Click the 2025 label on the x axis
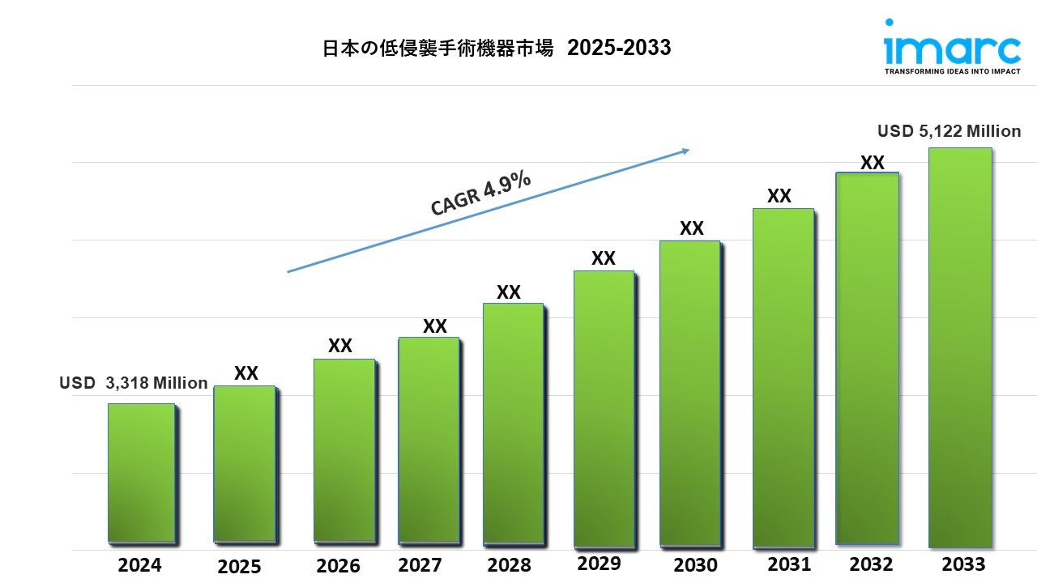tap(239, 567)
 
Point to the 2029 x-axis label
tap(599, 563)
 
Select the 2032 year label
tap(872, 564)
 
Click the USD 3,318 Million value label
tap(134, 383)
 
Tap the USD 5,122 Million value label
tap(950, 131)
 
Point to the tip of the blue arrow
tap(688, 150)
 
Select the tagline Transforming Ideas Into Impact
tap(952, 71)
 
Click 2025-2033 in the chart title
tap(619, 49)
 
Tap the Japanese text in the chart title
tap(437, 49)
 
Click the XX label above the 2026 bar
tap(340, 346)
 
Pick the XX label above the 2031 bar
tap(779, 196)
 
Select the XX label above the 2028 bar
tap(509, 292)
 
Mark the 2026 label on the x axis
tap(339, 564)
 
